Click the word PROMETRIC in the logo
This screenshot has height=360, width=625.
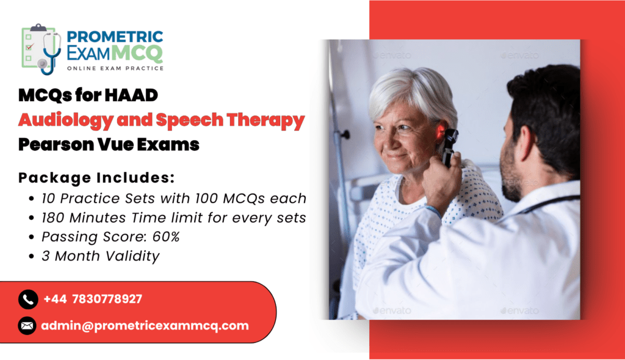click(x=115, y=37)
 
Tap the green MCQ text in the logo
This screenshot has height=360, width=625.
click(x=137, y=52)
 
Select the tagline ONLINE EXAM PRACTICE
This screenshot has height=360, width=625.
click(x=115, y=68)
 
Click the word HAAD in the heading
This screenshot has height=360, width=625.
click(x=132, y=95)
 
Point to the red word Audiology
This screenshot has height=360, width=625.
click(x=66, y=120)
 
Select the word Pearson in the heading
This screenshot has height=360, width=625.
click(x=56, y=145)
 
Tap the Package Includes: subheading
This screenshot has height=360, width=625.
click(x=96, y=178)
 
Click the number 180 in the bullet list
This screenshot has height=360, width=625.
click(x=54, y=218)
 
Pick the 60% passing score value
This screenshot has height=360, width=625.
click(x=166, y=237)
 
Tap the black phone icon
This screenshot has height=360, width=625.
click(x=28, y=299)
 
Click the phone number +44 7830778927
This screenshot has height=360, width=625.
click(x=93, y=299)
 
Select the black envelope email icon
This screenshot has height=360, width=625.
click(x=27, y=326)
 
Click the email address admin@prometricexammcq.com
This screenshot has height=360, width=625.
click(x=145, y=326)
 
